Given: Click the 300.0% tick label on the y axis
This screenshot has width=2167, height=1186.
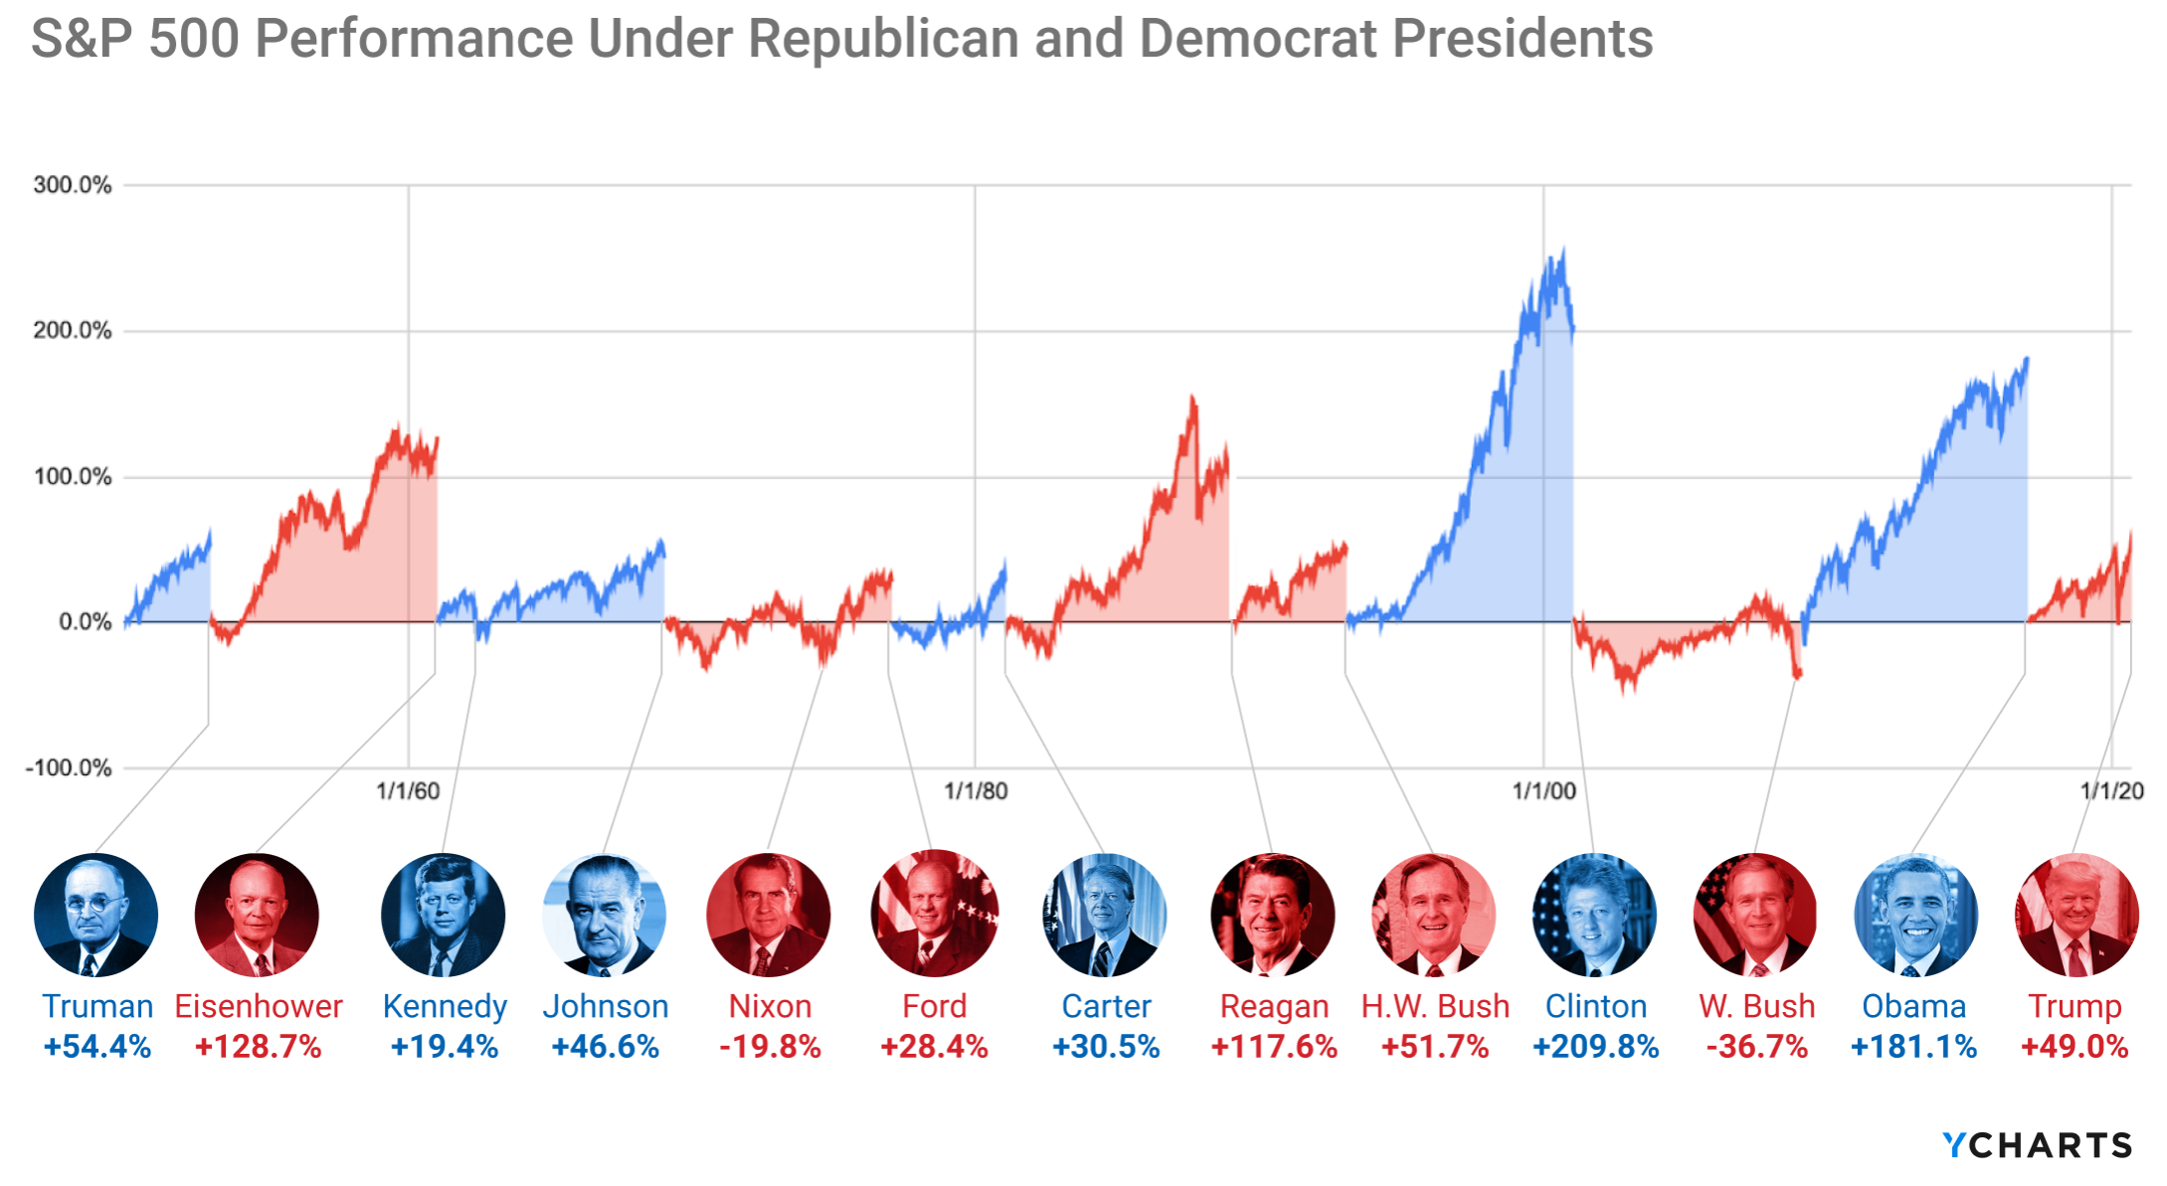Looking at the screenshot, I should tap(72, 185).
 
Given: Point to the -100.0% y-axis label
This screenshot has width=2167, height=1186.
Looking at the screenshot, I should tap(69, 768).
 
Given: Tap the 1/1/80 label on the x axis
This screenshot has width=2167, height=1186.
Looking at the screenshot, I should tap(975, 791).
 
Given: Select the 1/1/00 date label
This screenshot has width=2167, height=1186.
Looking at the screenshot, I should tap(1543, 791).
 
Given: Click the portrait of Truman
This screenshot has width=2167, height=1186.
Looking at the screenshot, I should tap(95, 915).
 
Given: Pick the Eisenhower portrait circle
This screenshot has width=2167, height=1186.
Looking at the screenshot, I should tap(257, 915).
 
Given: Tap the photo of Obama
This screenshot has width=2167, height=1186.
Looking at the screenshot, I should tap(1915, 915).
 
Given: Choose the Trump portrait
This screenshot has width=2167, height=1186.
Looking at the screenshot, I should tap(2077, 915).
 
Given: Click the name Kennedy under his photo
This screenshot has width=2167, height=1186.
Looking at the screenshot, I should tap(445, 1006).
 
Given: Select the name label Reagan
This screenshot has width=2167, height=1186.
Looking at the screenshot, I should tap(1274, 1006).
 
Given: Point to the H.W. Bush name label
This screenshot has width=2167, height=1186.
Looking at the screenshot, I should tap(1435, 1006).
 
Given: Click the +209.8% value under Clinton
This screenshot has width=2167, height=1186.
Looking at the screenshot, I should tap(1595, 1047).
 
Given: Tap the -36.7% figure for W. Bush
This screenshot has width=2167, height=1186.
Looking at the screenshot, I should tap(1756, 1047).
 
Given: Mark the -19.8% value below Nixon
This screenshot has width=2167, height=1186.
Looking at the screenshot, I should tap(770, 1047).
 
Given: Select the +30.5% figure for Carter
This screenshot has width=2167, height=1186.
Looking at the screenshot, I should tap(1106, 1047).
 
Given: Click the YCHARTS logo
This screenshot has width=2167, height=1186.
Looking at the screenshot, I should tap(2038, 1145).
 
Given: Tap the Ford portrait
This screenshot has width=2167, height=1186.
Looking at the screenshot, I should tap(934, 915).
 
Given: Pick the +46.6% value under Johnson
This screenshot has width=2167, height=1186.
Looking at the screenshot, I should tap(605, 1047).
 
